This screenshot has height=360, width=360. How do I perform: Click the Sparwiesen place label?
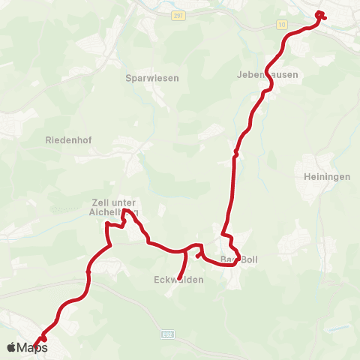tap(157, 77)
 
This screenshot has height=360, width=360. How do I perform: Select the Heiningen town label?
tap(322, 176)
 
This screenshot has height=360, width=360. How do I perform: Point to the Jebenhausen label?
tap(267, 75)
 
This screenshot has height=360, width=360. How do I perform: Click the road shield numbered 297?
tap(177, 16)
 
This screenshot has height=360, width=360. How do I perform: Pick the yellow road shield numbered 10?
tap(281, 25)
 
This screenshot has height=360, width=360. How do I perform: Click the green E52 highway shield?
tap(168, 332)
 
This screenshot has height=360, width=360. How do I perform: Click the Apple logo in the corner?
tap(11, 347)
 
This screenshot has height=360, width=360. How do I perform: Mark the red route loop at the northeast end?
tap(320, 16)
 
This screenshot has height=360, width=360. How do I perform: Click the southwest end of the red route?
tap(34, 346)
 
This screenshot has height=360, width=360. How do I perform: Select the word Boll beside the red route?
tap(247, 259)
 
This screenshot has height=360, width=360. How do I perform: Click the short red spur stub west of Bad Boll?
tap(198, 256)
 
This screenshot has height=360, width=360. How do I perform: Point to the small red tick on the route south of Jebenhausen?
tap(235, 153)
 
